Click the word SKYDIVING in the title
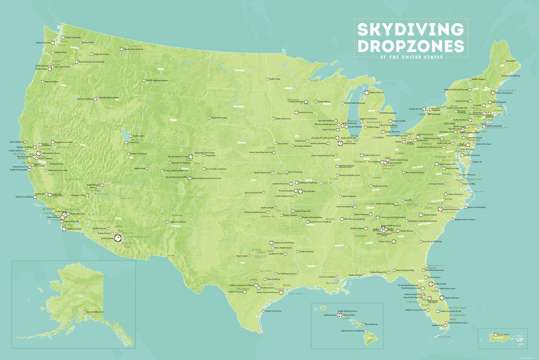point(410,30)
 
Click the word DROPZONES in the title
point(410,46)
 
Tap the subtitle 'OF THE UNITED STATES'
point(411,57)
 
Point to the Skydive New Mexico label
point(178,222)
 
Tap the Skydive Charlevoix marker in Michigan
point(367,92)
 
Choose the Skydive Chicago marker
point(340,143)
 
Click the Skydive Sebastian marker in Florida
point(442,298)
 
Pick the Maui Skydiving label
point(371,324)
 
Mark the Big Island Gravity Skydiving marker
point(365,331)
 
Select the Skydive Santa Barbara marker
point(35,197)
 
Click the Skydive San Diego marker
point(64,229)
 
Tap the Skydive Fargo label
point(275,79)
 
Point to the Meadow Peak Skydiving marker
point(121,49)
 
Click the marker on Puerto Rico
point(495,335)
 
